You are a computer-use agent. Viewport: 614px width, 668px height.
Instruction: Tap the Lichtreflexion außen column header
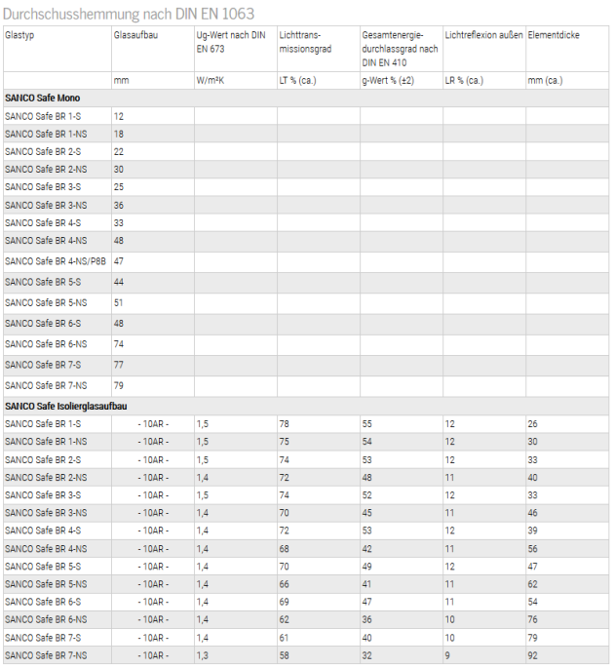483,35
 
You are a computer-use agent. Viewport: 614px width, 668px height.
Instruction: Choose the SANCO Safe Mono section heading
43,98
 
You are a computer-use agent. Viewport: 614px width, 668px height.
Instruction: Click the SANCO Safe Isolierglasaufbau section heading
66,405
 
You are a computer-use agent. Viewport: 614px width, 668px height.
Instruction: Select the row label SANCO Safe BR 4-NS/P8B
54,261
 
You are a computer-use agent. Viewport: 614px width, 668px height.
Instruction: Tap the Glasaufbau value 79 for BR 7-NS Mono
119,385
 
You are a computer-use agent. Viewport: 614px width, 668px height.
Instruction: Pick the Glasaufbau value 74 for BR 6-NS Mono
119,344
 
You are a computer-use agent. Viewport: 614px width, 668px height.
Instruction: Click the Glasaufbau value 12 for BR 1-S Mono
119,116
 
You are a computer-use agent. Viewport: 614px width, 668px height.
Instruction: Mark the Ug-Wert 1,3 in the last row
203,655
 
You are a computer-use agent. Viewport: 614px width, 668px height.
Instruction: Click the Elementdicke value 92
533,655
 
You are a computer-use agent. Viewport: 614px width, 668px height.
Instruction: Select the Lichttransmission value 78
285,423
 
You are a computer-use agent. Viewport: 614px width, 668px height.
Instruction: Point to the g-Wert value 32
367,655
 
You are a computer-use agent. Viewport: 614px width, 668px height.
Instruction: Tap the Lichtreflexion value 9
448,655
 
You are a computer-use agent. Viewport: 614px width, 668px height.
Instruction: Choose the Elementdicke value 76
533,619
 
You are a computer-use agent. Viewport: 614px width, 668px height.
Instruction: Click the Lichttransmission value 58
285,655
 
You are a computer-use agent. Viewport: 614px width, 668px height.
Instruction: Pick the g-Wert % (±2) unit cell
388,80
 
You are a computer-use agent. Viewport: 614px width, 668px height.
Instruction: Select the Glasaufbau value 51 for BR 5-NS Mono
119,302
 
